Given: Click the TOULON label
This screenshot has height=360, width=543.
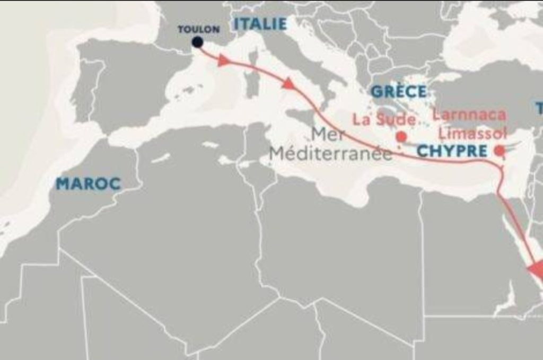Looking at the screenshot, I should (x=198, y=29).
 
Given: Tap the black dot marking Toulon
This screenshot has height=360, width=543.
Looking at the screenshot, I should (x=197, y=42).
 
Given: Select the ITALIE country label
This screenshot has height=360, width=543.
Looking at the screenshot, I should (x=260, y=24).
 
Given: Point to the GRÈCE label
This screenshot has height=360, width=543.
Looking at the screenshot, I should (x=399, y=91).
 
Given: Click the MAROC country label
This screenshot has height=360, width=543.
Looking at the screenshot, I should (x=89, y=185).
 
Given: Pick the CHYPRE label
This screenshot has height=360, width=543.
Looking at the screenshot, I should (x=452, y=151).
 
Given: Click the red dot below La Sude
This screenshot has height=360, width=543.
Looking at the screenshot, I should (x=401, y=136).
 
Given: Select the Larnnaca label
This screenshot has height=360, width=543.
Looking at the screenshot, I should (x=469, y=115).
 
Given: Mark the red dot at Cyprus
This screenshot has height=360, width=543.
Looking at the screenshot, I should (x=499, y=151).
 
